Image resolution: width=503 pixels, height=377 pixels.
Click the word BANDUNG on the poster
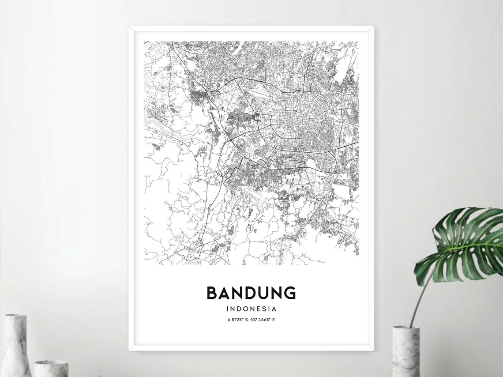[251, 293]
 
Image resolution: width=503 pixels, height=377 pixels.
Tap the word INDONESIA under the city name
[251, 309]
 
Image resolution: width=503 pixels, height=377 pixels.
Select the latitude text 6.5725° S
[237, 320]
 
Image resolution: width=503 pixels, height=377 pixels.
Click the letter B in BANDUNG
[212, 293]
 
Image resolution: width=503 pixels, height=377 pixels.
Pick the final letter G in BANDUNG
[290, 293]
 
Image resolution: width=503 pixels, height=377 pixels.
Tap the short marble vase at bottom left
[51, 369]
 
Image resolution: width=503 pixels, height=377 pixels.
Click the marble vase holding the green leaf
[405, 351]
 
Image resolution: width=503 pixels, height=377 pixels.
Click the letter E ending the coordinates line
[274, 320]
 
